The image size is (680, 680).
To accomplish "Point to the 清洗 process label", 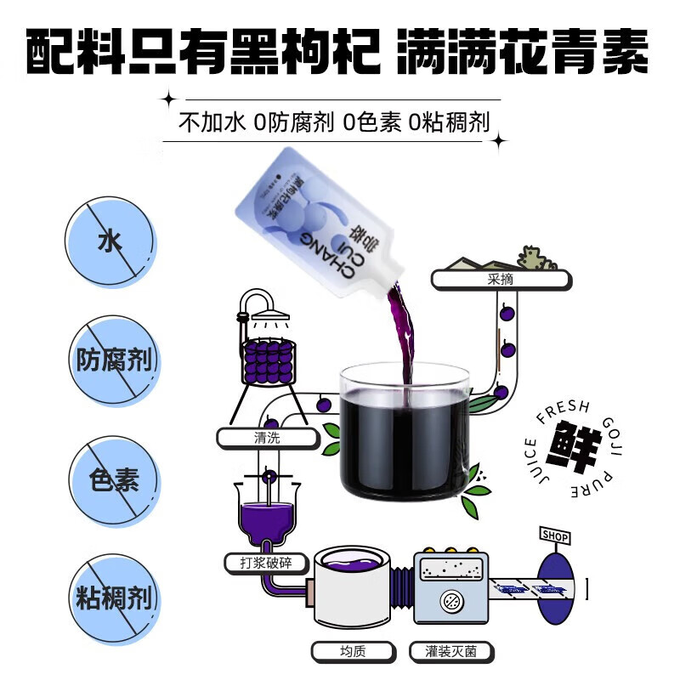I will (x=266, y=439).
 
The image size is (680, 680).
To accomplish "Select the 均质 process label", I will (x=353, y=653).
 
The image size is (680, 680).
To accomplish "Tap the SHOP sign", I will (x=555, y=536).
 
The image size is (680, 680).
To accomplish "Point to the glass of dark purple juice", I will (x=404, y=433).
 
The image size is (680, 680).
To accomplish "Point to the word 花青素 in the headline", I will (x=561, y=53).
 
